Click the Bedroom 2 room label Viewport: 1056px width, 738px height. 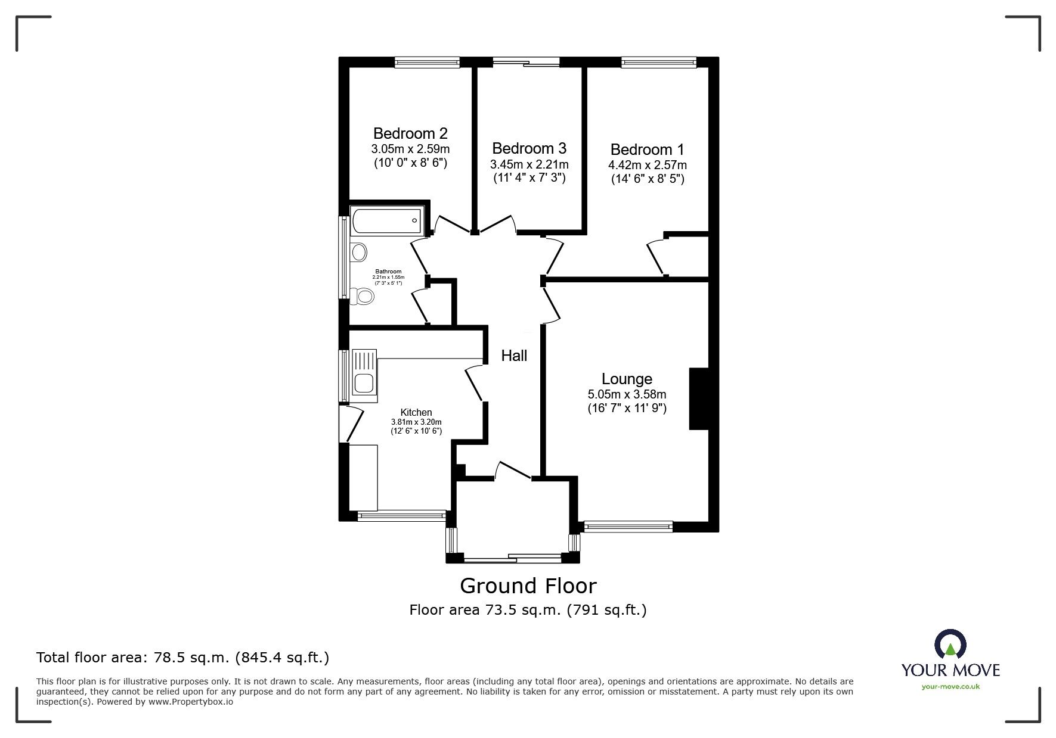click(410, 133)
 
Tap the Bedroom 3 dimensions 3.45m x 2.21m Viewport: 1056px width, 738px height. click(529, 164)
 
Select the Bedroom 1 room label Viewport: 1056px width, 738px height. click(647, 150)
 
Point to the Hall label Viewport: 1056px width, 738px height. click(514, 356)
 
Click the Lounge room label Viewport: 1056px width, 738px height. click(627, 379)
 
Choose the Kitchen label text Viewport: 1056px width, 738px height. click(416, 412)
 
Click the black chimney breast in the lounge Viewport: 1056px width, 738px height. click(699, 398)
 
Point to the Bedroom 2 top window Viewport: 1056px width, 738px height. click(427, 61)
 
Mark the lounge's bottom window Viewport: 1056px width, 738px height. click(628, 526)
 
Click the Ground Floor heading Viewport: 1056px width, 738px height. click(528, 586)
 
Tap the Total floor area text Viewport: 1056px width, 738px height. click(182, 658)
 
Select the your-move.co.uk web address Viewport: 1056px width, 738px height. click(950, 687)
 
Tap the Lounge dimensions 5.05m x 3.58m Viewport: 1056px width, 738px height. click(627, 394)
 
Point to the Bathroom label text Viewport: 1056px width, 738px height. click(388, 272)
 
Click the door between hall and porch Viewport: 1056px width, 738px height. click(513, 470)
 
